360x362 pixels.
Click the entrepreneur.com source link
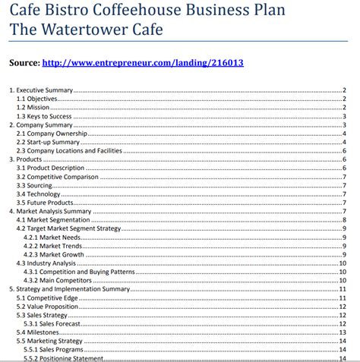pyautogui.click(x=144, y=63)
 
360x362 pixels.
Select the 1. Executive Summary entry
pyautogui.click(x=39, y=90)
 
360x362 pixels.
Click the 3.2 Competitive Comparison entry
pyautogui.click(x=57, y=177)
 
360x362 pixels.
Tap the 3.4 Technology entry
pyautogui.click(x=39, y=194)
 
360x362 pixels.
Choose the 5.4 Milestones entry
pyautogui.click(x=39, y=332)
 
